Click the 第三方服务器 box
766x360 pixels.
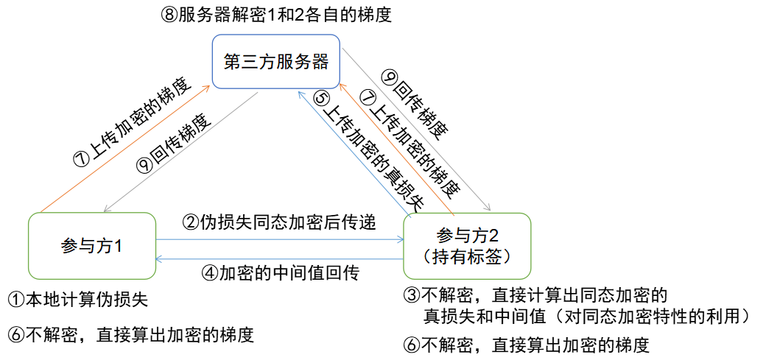tap(275, 61)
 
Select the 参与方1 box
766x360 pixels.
tap(91, 246)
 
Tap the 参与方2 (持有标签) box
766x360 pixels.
tap(467, 246)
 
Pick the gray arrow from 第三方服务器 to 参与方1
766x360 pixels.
tap(180, 151)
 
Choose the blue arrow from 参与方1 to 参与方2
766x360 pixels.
tap(280, 239)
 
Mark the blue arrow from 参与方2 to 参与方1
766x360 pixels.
tap(280, 259)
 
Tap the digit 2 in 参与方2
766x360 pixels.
tap(493, 236)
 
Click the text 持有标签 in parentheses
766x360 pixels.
tap(468, 256)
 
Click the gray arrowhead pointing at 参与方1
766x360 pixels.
tap(105, 208)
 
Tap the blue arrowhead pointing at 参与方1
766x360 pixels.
tap(160, 259)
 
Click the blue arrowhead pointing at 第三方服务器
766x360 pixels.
tap(301, 94)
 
